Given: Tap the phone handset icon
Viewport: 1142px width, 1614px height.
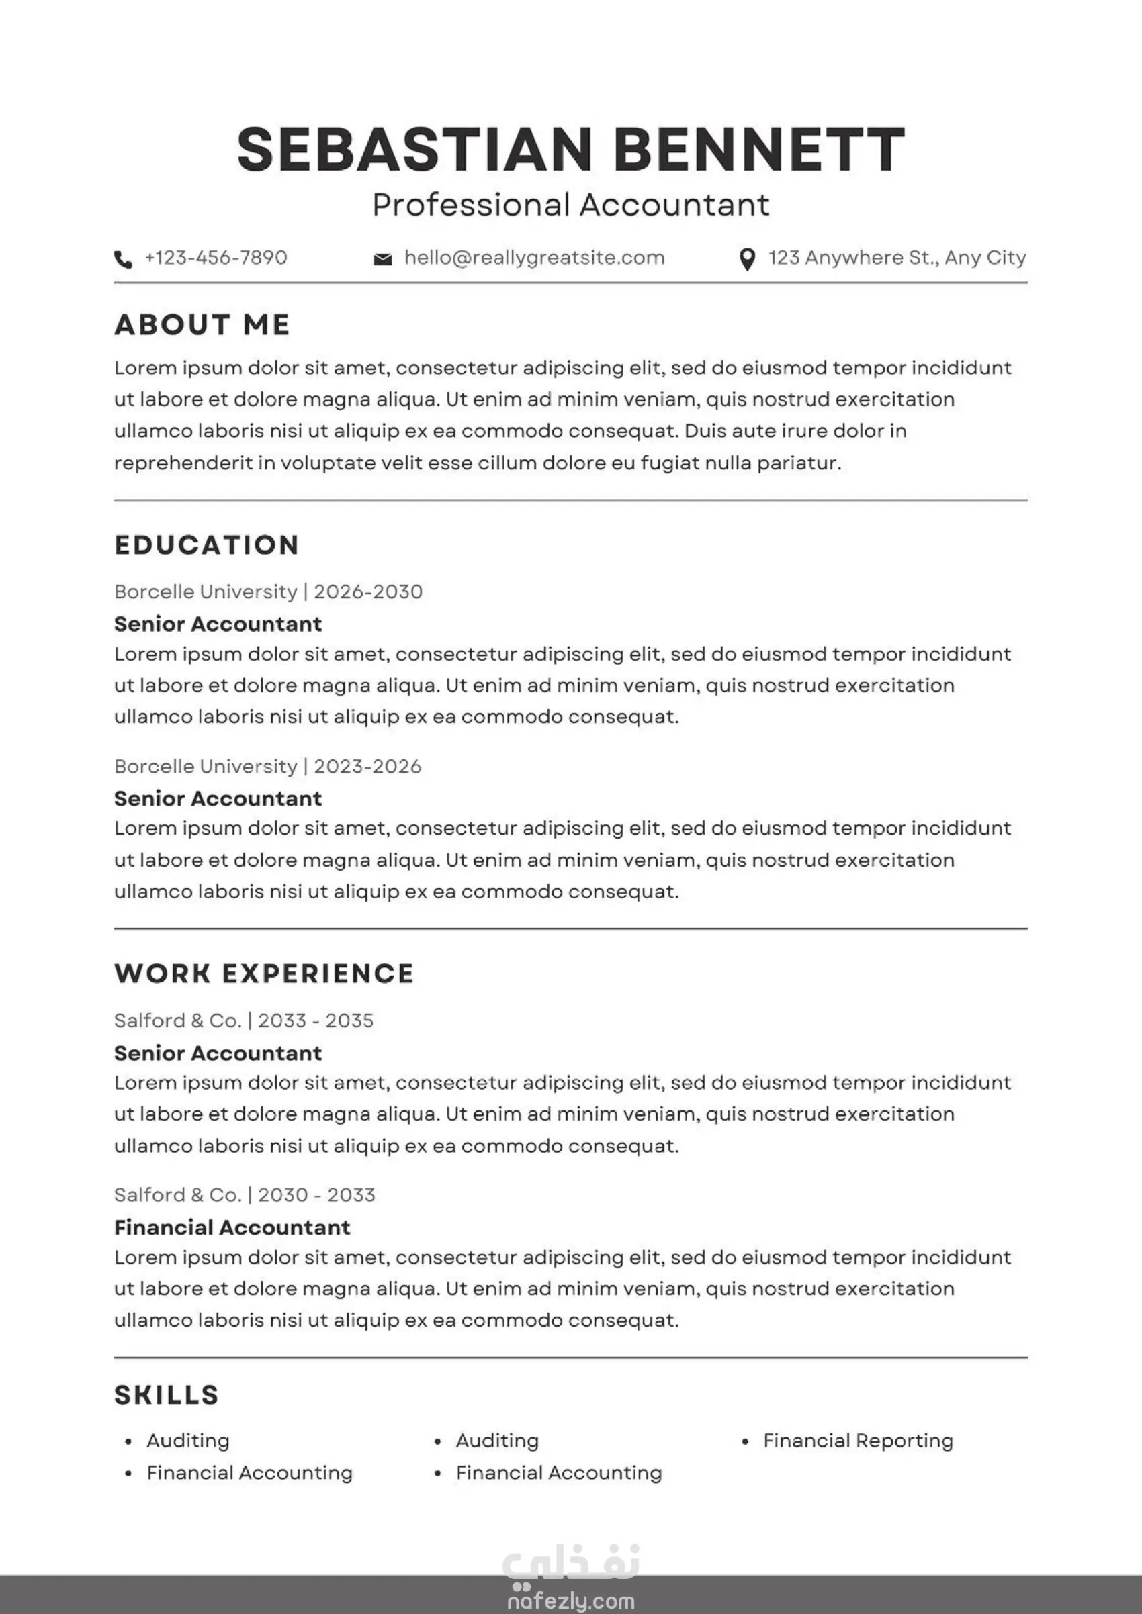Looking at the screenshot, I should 123,259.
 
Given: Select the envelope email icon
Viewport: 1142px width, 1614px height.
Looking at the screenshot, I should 382,259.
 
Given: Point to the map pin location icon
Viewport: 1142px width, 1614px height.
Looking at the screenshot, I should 748,259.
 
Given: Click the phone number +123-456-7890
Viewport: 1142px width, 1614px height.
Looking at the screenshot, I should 216,258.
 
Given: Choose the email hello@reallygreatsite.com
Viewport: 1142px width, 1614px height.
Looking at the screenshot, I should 534,258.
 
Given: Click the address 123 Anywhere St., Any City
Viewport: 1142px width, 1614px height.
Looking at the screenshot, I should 897,258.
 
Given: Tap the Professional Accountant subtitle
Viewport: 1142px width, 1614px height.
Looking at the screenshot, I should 570,205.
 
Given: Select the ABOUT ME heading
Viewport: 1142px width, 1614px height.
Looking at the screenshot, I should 202,325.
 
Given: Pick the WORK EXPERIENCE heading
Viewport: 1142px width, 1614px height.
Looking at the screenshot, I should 264,974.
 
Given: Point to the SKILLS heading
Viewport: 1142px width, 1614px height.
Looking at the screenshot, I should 167,1395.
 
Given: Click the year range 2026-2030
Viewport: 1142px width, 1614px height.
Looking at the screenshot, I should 367,592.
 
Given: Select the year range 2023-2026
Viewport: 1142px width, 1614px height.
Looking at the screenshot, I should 367,766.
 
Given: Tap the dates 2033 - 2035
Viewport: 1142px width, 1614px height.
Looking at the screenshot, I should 315,1020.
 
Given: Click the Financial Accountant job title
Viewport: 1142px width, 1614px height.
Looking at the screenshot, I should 232,1227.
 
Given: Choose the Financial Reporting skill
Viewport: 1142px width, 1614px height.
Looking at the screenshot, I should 858,1441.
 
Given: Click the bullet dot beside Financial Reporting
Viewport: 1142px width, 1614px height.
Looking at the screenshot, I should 746,1441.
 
